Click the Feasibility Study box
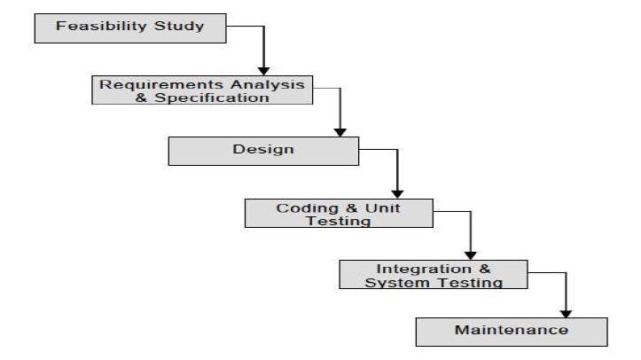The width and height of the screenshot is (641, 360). tap(129, 27)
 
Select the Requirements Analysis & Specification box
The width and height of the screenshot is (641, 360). tap(203, 90)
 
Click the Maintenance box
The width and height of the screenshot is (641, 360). tap(512, 331)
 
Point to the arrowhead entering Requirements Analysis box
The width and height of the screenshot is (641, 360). tap(263, 70)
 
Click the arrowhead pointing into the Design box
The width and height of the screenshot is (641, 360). tap(340, 131)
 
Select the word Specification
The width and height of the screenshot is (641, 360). tap(221, 98)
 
